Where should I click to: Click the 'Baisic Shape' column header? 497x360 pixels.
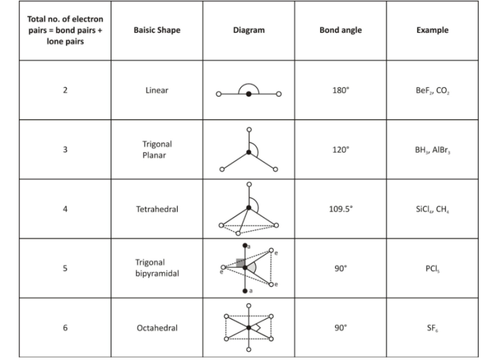(157, 30)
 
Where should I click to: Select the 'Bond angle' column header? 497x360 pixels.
(341, 30)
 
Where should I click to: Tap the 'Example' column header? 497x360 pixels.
(432, 30)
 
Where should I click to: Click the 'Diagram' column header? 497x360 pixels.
(249, 30)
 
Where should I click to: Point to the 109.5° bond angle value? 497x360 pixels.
(341, 209)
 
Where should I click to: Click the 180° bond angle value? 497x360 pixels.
(341, 90)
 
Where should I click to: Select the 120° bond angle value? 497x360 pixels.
(341, 150)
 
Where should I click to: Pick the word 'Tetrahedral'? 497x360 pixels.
(157, 209)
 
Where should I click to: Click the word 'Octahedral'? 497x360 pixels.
(157, 328)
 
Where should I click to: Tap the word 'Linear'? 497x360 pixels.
(157, 90)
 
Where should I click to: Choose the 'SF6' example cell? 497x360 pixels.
(432, 328)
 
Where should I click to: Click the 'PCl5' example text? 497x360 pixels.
(432, 268)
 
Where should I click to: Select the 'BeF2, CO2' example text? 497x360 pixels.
(432, 91)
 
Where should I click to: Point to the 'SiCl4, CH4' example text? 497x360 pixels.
(432, 209)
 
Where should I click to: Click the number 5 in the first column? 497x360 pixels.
(65, 268)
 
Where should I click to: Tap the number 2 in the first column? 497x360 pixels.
(65, 90)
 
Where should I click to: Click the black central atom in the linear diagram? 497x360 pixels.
(249, 94)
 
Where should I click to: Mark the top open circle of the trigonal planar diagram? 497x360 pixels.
(249, 130)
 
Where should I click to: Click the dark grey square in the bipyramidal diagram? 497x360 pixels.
(241, 262)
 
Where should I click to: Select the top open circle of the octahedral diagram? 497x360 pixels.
(249, 305)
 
